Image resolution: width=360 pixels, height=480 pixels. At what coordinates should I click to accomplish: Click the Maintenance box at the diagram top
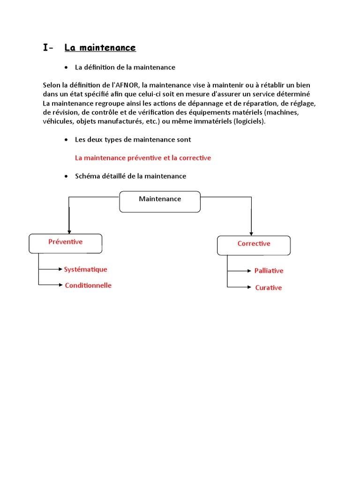pos(160,202)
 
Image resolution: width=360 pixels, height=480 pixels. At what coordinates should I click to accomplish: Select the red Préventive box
pos(66,243)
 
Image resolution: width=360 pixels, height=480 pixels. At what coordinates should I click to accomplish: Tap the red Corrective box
pos(254,245)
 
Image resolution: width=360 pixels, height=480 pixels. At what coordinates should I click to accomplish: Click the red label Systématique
pos(85,270)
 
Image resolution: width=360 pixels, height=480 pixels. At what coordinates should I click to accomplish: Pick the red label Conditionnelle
pos(88,285)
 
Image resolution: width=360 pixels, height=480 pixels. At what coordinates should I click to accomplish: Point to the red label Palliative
pos(269,271)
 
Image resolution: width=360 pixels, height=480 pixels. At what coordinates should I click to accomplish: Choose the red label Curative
pos(268,288)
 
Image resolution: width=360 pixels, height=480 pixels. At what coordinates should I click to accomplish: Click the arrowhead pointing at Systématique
pos(60,270)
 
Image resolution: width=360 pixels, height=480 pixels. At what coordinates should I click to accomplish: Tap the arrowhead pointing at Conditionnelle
pos(60,285)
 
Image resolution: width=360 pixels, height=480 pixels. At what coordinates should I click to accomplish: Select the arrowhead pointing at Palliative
pos(249,270)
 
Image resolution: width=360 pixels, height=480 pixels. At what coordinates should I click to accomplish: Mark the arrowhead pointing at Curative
pos(249,287)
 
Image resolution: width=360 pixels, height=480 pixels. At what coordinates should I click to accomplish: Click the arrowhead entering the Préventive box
pos(69,231)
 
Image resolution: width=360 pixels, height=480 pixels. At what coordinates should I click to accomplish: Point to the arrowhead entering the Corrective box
pos(251,233)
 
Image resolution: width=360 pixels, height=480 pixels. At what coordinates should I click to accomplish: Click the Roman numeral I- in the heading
pos(48,48)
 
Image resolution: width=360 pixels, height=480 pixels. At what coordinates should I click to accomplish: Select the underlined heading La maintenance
pos(100,48)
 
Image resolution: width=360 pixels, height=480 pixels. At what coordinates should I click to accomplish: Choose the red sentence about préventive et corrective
pos(143,158)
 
